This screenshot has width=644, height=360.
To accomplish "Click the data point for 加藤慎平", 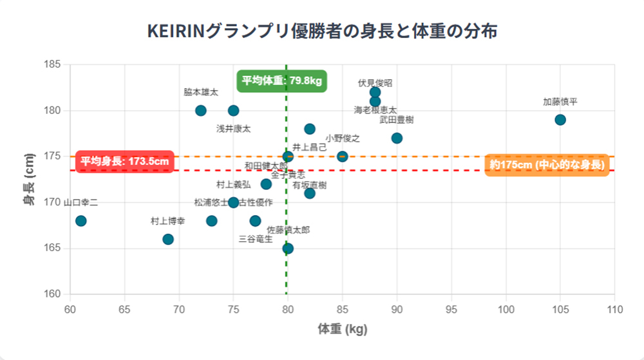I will pos(560,120).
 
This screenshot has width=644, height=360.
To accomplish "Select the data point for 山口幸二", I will pos(80,221).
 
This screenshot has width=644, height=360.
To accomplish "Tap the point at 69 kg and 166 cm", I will pos(168,239).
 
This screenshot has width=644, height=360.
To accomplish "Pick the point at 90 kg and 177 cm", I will pos(397,138).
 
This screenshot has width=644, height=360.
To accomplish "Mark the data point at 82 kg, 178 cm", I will pos(310,129).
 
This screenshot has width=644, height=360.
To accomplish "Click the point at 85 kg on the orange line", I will pos(343,156).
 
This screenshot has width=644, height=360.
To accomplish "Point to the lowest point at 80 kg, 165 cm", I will pos(288,249).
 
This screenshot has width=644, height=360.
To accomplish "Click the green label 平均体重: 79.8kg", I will pos(281,81).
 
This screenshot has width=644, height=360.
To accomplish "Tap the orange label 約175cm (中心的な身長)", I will pos(547,164).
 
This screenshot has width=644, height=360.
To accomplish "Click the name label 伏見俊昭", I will pos(375,83).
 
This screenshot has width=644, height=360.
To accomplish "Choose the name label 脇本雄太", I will pos(201,92).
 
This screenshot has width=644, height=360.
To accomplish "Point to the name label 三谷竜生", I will pos(256,239).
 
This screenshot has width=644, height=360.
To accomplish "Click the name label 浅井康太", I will pos(233,129).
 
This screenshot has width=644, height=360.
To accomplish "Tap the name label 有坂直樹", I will pos(309,185).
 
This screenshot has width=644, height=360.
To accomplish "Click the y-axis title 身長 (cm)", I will pos(29,179).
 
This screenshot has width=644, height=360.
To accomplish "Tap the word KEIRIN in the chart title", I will pos(175,31).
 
